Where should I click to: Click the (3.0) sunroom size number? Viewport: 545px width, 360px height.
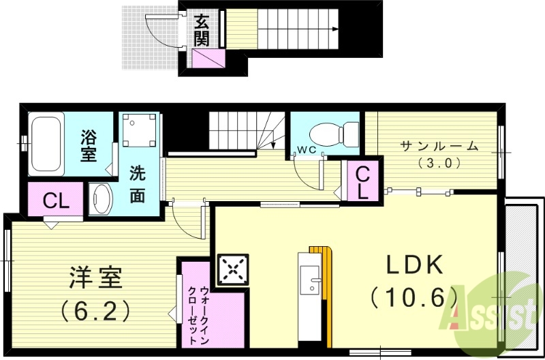pyautogui.click(x=439, y=163)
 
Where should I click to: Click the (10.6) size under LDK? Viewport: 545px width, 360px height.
pyautogui.click(x=413, y=297)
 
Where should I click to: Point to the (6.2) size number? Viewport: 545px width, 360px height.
pyautogui.click(x=95, y=311)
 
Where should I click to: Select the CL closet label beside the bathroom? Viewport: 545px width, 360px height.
pyautogui.click(x=54, y=200)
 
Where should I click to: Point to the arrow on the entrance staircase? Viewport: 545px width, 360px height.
pyautogui.click(x=334, y=29)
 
